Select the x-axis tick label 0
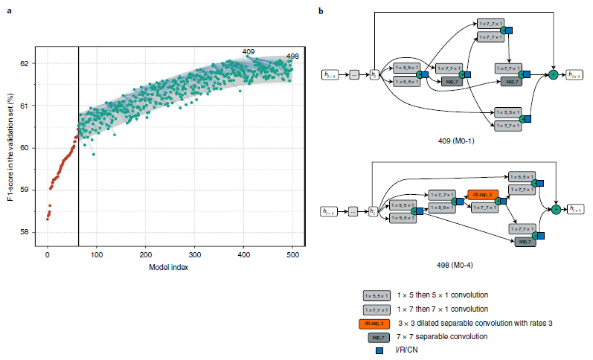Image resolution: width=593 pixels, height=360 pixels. pos(48,254)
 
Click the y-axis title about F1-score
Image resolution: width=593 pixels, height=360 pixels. pos(10,148)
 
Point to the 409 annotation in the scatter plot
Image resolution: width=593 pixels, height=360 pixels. pos(249,51)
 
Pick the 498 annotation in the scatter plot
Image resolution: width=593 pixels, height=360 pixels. pos(292,56)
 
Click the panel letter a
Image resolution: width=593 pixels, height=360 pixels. pos(9,11)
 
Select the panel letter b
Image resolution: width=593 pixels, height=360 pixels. pos(321,11)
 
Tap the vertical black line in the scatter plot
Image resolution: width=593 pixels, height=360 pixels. pos(78,149)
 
